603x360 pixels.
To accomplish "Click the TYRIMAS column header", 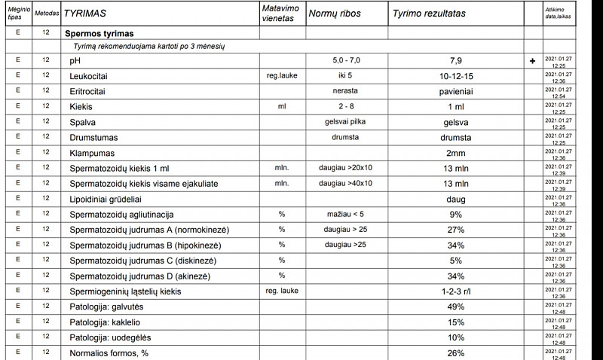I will pyautogui.click(x=84, y=14).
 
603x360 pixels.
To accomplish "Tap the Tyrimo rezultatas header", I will pyautogui.click(x=429, y=14).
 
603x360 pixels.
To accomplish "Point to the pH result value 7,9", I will pyautogui.click(x=456, y=60).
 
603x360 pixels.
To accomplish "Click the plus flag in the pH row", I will pyautogui.click(x=533, y=60).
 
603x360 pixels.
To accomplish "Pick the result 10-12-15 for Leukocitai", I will pyautogui.click(x=456, y=76).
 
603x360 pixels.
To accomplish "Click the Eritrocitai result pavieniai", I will pyautogui.click(x=456, y=91).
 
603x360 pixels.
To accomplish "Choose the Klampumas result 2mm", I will pyautogui.click(x=456, y=153).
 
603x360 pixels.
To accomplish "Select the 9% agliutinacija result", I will pyautogui.click(x=456, y=215).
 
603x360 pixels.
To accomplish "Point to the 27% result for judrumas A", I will pyautogui.click(x=456, y=230).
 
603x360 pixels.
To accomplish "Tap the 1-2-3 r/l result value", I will pyautogui.click(x=456, y=291).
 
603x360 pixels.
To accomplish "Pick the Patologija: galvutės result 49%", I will pyautogui.click(x=456, y=307).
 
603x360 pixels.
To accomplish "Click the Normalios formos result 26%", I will pyautogui.click(x=456, y=353).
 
